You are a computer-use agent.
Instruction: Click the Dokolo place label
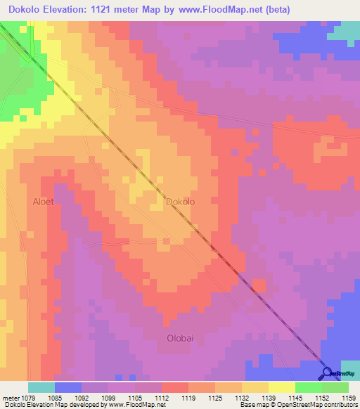pyautogui.click(x=180, y=202)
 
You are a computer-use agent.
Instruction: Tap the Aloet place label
pyautogui.click(x=43, y=202)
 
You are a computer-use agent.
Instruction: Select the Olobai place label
pyautogui.click(x=180, y=338)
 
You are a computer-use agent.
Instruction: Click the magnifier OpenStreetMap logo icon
pyautogui.click(x=326, y=372)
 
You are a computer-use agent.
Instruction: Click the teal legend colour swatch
pyautogui.click(x=41, y=387)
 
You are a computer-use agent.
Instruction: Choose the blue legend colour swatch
pyautogui.click(x=68, y=387)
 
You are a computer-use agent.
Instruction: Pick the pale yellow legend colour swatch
pyautogui.click(x=255, y=387)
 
